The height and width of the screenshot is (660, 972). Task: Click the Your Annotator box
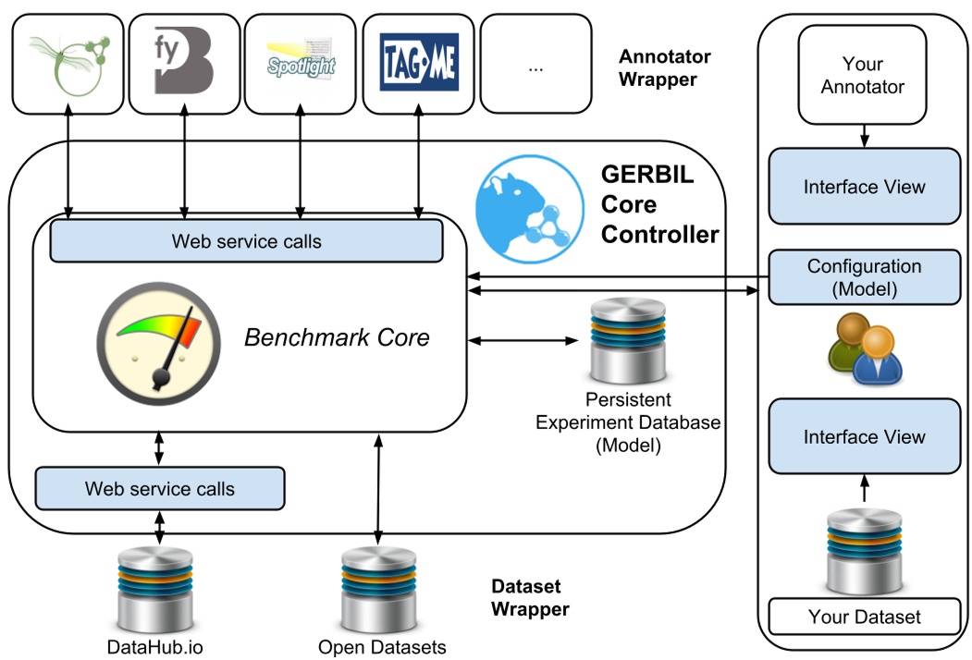click(862, 76)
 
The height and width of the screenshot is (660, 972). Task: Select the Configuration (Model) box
click(865, 277)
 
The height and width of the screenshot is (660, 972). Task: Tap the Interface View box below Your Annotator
click(864, 187)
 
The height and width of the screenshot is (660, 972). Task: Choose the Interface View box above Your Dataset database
click(864, 437)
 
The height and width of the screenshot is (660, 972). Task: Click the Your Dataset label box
click(864, 617)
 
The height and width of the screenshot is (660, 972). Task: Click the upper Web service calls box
click(246, 241)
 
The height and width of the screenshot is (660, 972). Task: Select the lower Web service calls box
click(160, 488)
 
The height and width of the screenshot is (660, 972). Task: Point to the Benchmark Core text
click(337, 337)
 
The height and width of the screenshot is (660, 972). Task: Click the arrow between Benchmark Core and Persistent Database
click(523, 340)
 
